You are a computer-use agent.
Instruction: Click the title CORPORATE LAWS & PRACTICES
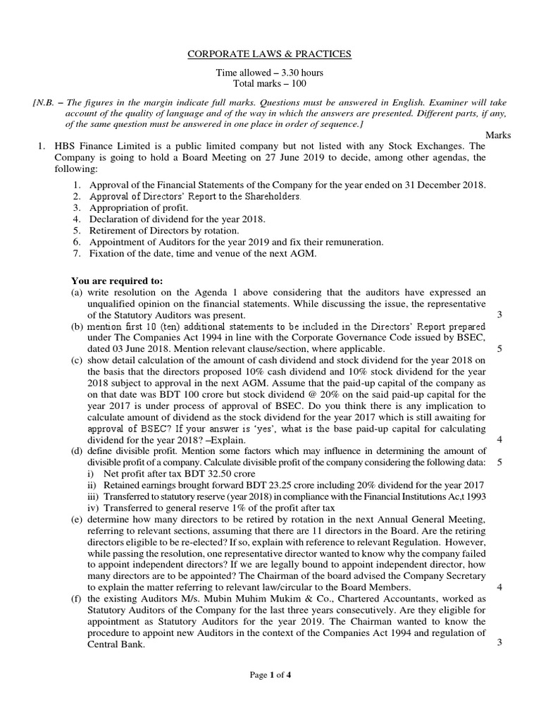270,54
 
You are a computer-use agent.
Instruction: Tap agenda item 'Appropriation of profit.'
139,208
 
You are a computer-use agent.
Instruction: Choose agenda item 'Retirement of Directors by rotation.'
164,231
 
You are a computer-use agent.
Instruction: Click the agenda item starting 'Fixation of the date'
203,253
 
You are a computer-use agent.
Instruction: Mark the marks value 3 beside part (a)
499,314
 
